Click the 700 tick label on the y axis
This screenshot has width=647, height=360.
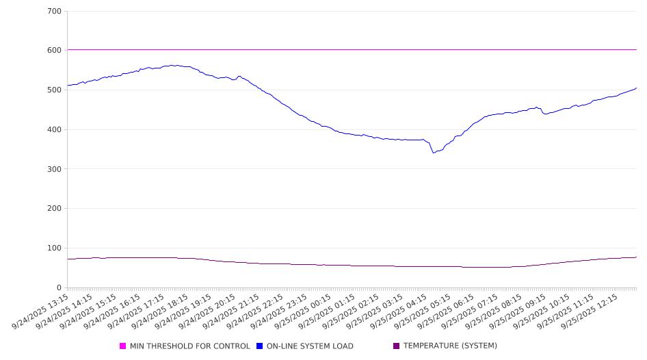[x=55, y=12]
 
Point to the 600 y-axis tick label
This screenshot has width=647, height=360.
[x=55, y=51]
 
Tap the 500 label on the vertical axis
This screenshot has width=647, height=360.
[x=55, y=90]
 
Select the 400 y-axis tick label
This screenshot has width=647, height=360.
[x=55, y=130]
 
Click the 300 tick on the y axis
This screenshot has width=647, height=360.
[x=55, y=169]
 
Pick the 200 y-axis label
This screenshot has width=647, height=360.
[x=55, y=209]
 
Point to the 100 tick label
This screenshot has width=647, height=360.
[x=55, y=248]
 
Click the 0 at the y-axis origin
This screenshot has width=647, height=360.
[x=60, y=288]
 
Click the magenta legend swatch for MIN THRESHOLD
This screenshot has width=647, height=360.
[x=123, y=346]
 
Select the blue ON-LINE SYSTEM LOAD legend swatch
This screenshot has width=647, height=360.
[x=260, y=346]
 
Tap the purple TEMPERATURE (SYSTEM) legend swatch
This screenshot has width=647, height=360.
[x=397, y=346]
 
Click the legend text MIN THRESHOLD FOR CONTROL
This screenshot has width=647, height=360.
[x=189, y=346]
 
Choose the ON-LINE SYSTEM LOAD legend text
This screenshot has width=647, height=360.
[x=310, y=346]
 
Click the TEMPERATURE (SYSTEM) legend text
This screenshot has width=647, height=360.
[x=450, y=346]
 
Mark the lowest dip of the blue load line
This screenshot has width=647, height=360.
[x=434, y=153]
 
